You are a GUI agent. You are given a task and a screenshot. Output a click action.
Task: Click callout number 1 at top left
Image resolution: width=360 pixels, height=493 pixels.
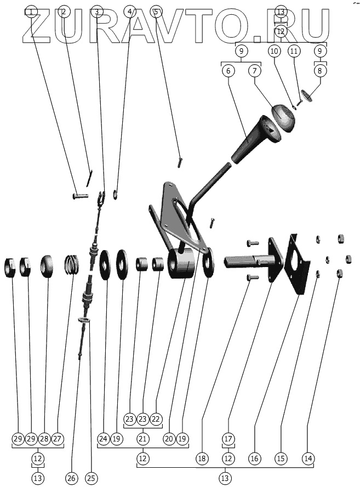point(32,12)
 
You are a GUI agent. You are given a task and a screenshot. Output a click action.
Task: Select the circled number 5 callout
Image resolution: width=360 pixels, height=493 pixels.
point(156,12)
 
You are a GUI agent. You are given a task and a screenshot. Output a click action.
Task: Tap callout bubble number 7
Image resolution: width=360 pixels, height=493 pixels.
point(254,71)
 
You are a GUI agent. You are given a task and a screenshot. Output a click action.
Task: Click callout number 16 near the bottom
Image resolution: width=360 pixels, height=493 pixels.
point(254,457)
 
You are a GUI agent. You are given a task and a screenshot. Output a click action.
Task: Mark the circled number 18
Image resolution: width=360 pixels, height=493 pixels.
point(203,457)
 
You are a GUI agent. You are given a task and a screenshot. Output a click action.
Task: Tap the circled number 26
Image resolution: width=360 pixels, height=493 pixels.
point(71,478)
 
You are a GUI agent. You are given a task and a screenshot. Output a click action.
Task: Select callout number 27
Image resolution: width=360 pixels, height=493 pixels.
point(58,439)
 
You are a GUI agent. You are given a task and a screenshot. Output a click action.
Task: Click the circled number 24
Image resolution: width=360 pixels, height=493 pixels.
point(103,439)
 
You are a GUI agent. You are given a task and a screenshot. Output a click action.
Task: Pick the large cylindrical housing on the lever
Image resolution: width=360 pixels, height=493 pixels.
point(181,264)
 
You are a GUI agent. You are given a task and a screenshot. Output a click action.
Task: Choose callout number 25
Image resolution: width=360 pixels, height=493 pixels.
point(91,478)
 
